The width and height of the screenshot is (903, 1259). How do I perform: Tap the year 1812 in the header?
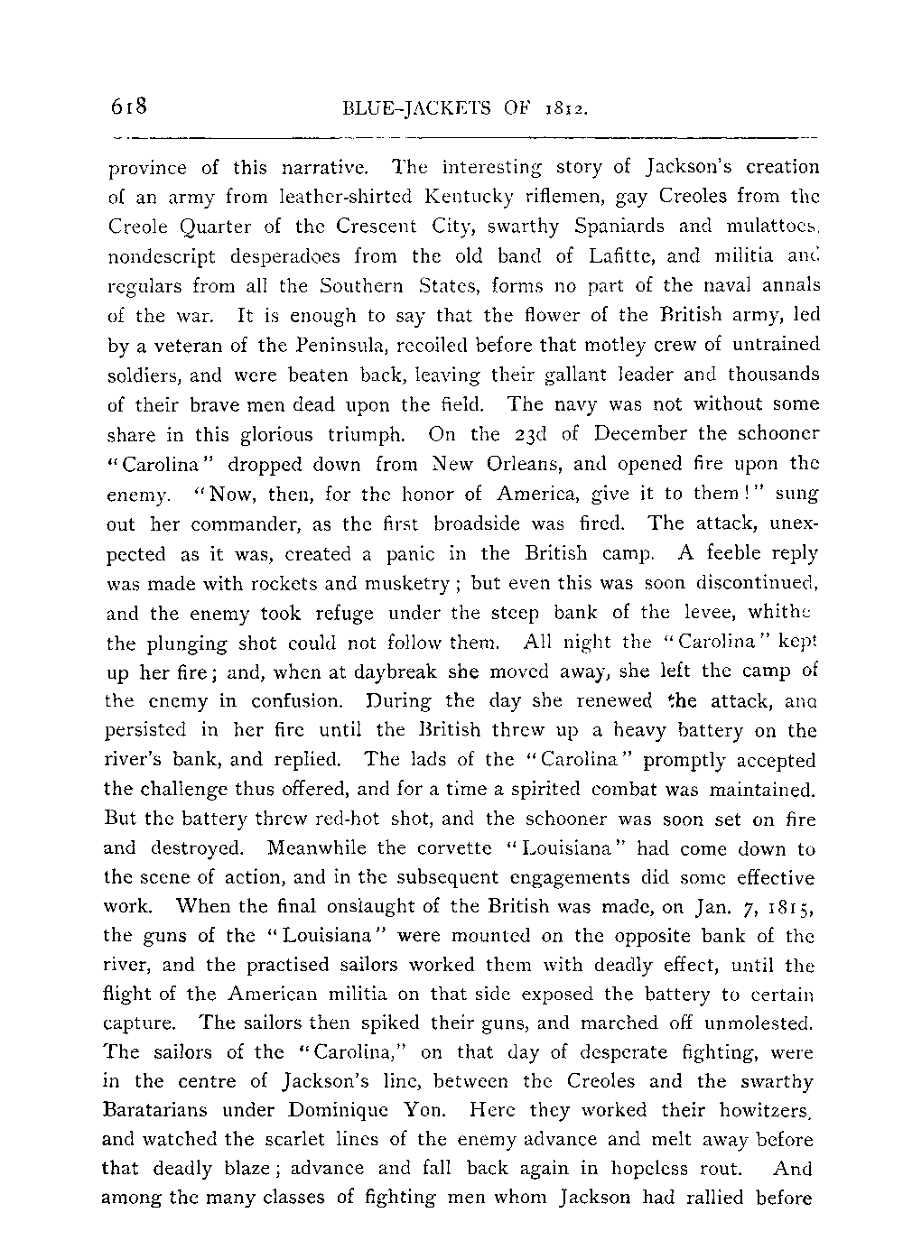coord(570,110)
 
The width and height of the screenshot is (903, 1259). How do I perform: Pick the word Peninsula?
coord(329,345)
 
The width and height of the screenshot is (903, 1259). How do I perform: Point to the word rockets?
coord(271,583)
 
